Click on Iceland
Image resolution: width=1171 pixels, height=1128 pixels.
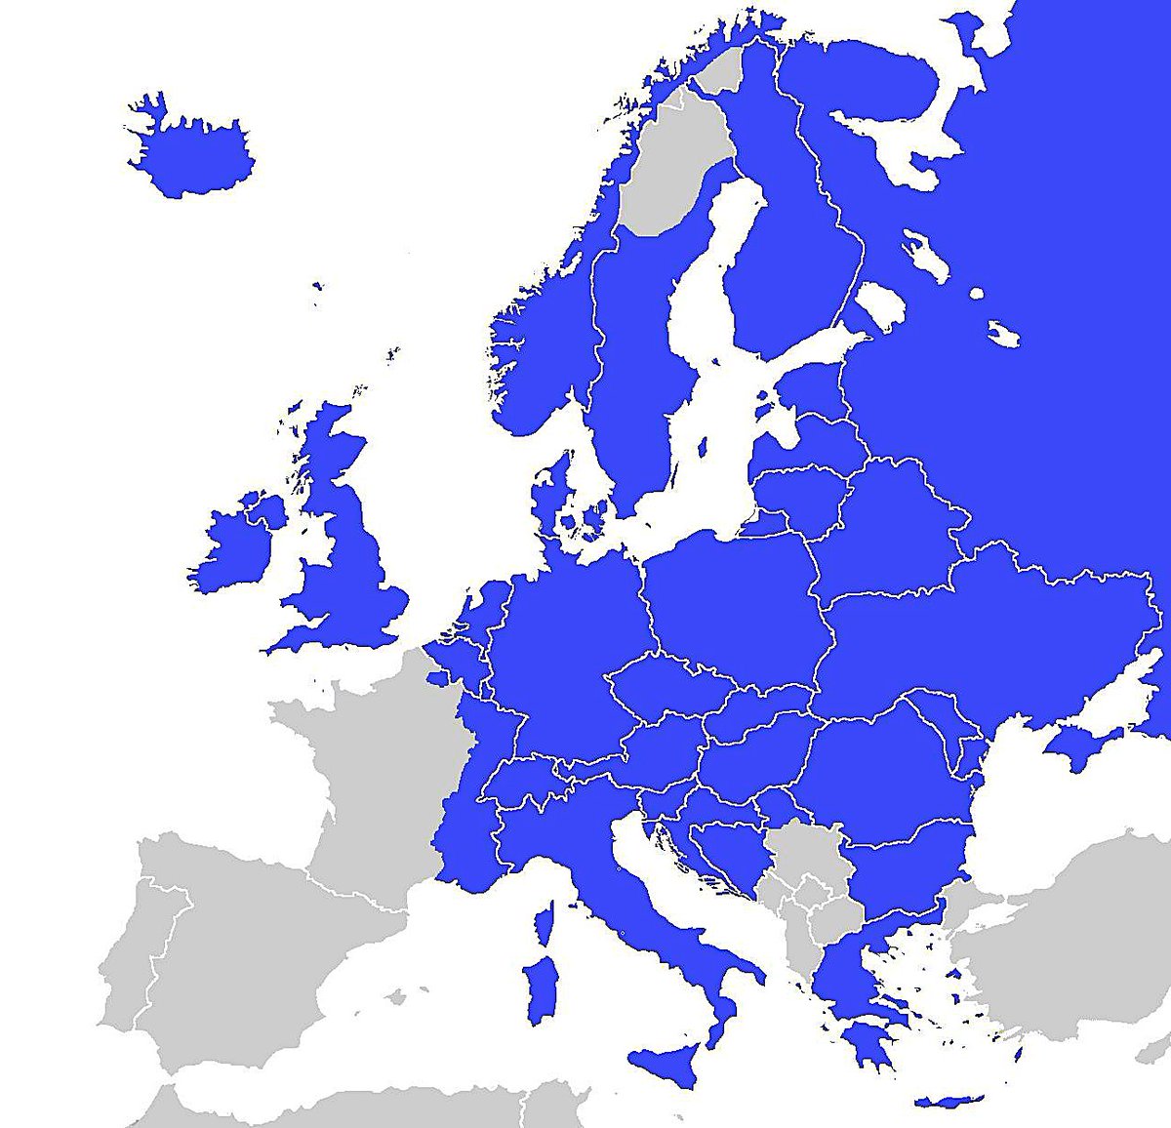click(190, 156)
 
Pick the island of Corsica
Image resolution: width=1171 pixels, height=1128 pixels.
click(545, 922)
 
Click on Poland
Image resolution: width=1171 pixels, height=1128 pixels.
click(737, 605)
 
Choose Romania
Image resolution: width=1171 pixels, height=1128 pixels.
click(883, 771)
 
